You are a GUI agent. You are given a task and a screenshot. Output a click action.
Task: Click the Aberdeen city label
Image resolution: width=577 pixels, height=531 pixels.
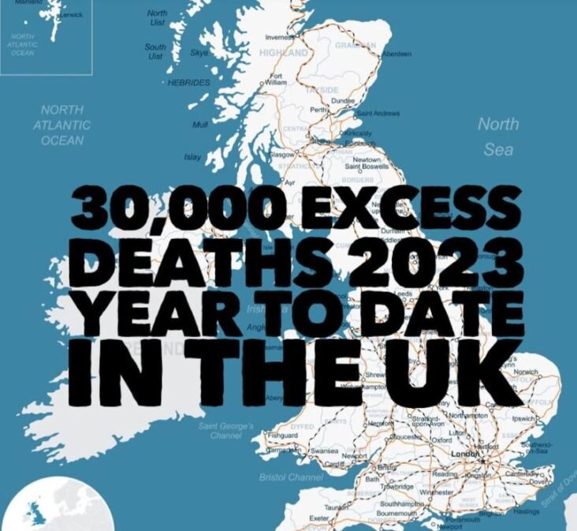click(396, 54)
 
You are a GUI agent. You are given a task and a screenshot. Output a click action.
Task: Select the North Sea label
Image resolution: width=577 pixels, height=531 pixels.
click(498, 136)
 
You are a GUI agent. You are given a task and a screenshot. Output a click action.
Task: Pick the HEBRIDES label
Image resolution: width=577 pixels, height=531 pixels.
click(188, 82)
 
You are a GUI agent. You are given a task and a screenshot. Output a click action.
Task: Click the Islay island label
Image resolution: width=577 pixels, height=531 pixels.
click(192, 157)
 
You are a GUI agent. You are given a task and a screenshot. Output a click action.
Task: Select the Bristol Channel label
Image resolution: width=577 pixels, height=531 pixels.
click(291, 477)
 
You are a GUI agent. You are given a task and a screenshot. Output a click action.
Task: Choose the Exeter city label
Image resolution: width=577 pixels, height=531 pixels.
click(319, 518)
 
